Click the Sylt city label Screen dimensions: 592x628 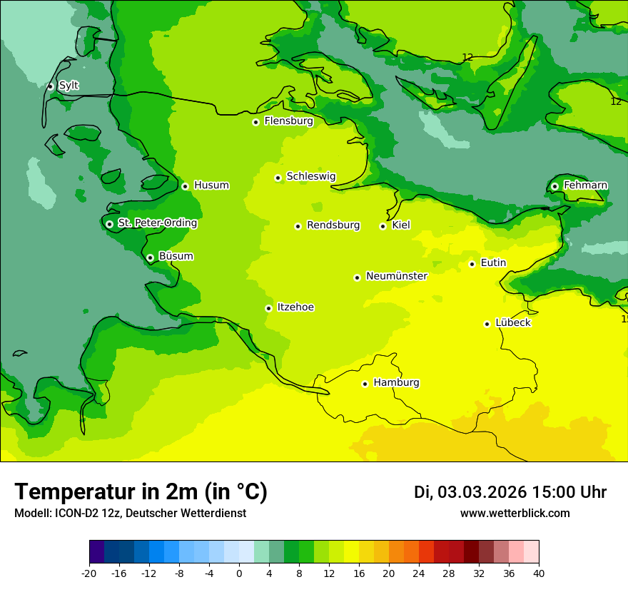click(x=69, y=86)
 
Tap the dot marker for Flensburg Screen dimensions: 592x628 click(x=255, y=122)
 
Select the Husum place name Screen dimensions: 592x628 click(x=211, y=185)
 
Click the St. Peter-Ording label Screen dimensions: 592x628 click(x=157, y=223)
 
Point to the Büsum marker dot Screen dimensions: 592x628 click(x=150, y=257)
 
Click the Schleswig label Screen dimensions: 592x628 click(x=310, y=177)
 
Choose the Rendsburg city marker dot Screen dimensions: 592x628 click(x=298, y=226)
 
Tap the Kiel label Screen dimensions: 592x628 click(x=401, y=225)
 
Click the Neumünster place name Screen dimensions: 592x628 click(x=396, y=276)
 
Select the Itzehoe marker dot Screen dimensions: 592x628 click(x=268, y=308)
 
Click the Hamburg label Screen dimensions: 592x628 click(x=396, y=383)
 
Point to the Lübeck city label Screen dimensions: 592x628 click(x=512, y=323)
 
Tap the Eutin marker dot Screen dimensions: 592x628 click(x=472, y=264)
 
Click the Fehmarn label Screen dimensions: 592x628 click(x=585, y=185)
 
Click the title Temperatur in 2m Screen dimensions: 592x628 click(x=141, y=491)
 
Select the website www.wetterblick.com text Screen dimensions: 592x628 click(x=515, y=514)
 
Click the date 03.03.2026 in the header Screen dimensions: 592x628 click(x=482, y=492)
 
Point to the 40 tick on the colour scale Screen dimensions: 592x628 click(x=538, y=573)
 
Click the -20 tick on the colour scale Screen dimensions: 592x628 click(x=89, y=573)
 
